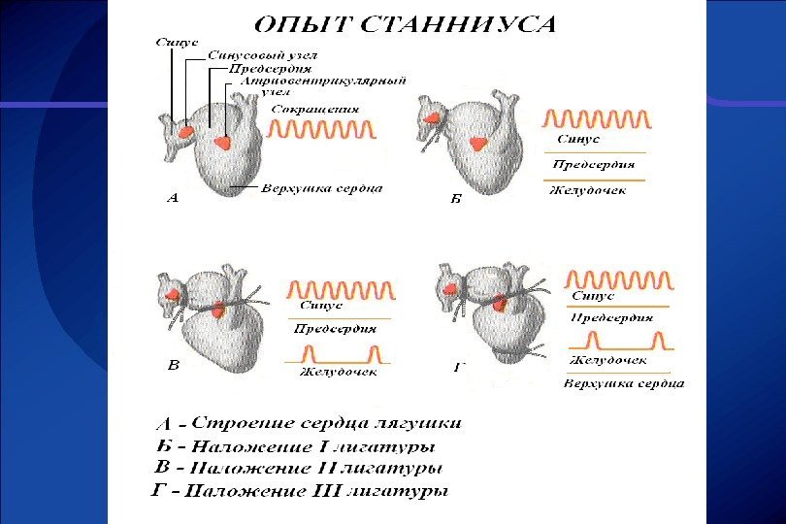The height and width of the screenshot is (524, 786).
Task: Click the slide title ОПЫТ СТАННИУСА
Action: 407,24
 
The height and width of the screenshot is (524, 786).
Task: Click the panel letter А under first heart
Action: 173,199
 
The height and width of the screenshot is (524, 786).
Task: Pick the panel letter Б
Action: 456,199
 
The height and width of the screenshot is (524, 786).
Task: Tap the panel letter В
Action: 174,366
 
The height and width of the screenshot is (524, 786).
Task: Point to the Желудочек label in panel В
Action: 339,372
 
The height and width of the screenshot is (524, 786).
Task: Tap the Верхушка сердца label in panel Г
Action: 624,383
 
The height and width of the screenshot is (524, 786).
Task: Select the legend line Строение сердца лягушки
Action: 325,424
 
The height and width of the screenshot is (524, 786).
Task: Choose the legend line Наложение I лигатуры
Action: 309,447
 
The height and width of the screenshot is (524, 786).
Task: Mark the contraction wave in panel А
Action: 322,130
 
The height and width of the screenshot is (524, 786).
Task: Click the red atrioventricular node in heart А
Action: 223,142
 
